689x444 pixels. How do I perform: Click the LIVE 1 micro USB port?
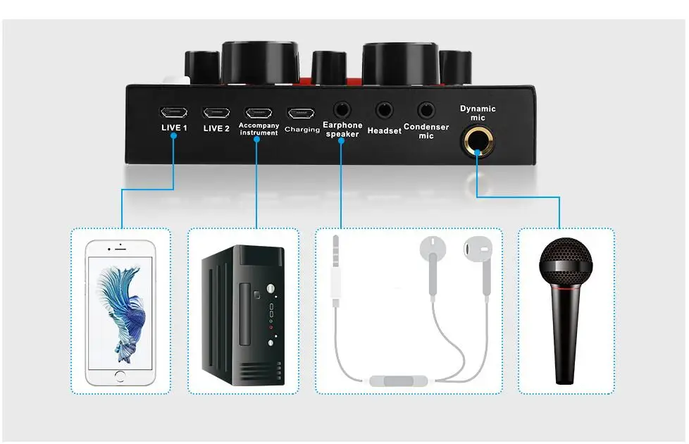coord(173,112)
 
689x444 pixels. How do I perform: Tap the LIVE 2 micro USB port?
coord(216,112)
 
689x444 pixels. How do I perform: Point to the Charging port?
coord(301,113)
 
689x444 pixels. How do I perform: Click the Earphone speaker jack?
coord(342,110)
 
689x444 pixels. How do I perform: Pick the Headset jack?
coord(384,110)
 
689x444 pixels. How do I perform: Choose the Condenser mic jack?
coord(426,110)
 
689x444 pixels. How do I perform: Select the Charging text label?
coord(302,130)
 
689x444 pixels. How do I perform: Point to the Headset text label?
coord(384,130)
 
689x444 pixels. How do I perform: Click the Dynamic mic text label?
coord(478,113)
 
